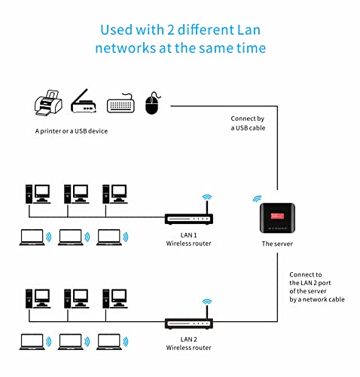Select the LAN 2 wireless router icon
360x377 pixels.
tap(189, 323)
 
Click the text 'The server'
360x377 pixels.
tap(276, 245)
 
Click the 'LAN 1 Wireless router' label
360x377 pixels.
tap(188, 240)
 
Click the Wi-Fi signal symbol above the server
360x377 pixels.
tap(256, 200)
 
